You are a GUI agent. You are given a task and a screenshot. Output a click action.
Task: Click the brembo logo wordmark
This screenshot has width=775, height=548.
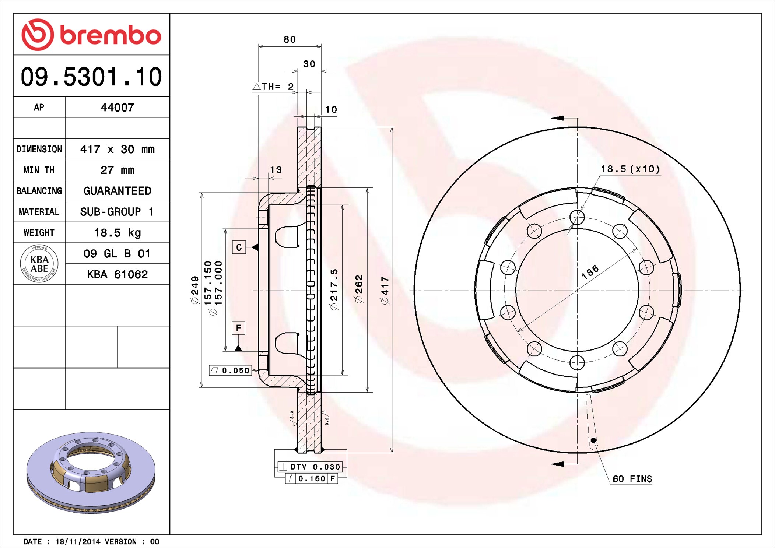tap(111, 35)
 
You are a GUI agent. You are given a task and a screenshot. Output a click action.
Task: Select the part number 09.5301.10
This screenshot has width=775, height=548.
tap(91, 77)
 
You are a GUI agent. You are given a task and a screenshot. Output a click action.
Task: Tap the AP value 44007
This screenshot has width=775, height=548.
tap(117, 108)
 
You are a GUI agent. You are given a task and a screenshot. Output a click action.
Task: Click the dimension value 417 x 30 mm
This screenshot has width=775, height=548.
tap(117, 149)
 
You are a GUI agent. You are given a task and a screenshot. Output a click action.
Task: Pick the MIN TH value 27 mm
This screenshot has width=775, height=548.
tap(117, 170)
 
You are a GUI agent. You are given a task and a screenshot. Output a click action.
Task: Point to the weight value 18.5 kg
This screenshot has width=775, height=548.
tap(117, 233)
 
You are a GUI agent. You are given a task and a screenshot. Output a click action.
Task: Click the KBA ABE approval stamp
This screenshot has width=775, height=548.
tap(39, 264)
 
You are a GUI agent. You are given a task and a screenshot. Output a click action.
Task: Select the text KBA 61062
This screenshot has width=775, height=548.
tap(117, 274)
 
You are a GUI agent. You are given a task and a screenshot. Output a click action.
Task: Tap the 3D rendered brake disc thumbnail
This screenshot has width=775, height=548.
tap(91, 472)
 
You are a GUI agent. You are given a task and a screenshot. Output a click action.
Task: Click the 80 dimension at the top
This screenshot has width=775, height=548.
tap(290, 39)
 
